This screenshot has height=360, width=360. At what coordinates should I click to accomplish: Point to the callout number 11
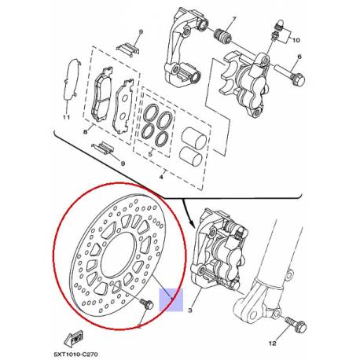[67, 119]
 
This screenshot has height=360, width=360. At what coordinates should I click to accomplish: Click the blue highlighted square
[169, 299]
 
